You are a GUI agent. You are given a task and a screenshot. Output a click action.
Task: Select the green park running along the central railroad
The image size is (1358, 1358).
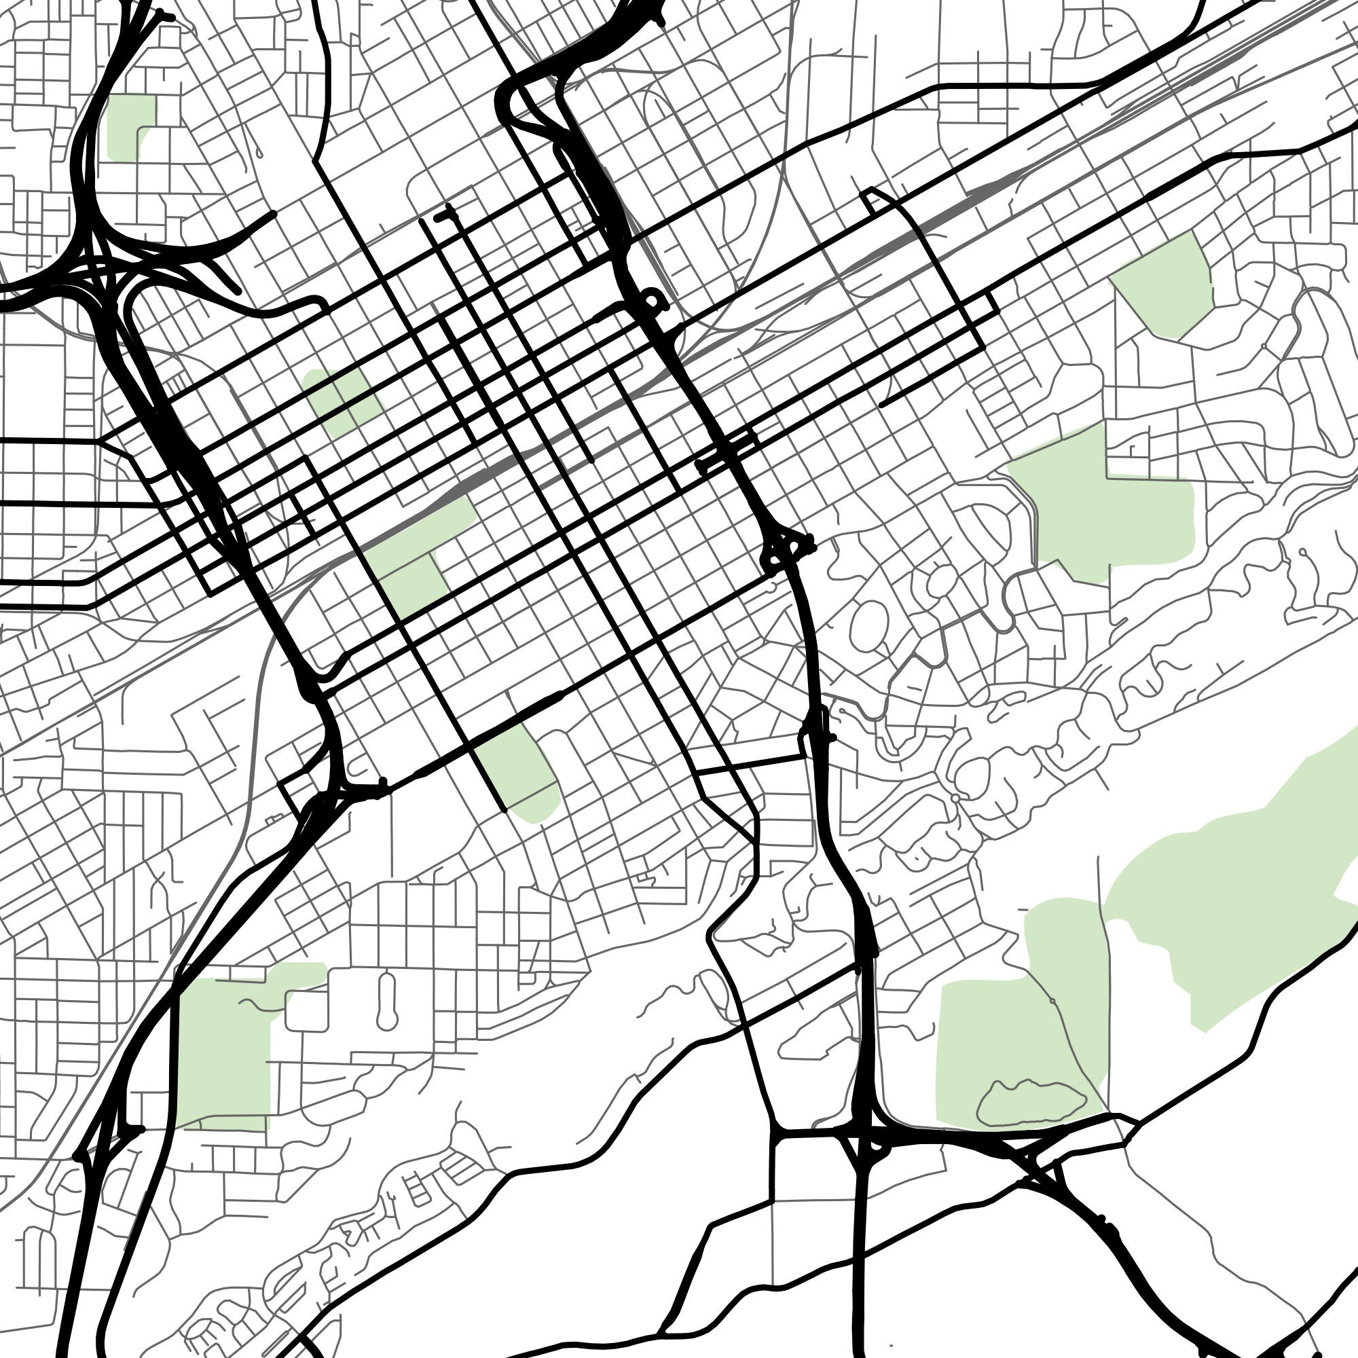415,555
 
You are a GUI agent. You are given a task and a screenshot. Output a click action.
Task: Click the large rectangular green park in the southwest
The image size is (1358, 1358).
225,1047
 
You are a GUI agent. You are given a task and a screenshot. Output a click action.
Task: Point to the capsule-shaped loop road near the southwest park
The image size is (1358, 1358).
386,1001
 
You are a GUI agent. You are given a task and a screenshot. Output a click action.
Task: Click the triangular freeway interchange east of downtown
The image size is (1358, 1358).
787,548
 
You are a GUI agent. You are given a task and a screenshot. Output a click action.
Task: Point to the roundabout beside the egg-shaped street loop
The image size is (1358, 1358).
955,799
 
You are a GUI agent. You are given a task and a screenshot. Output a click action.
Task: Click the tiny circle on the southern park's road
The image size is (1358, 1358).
1052,1000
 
